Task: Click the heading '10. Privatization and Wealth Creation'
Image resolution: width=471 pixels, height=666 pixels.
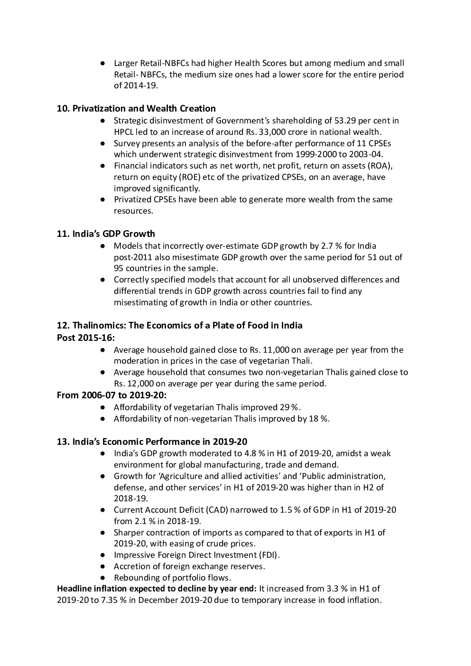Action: point(136,109)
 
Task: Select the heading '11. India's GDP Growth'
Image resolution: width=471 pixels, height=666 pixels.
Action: point(106,234)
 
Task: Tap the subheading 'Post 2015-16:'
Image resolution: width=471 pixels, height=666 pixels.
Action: point(86,338)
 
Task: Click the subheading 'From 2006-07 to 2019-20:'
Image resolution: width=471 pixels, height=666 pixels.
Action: point(111,395)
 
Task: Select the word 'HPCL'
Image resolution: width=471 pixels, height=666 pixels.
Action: point(124,132)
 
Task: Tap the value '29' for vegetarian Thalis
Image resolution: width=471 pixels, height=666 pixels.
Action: point(285,407)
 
